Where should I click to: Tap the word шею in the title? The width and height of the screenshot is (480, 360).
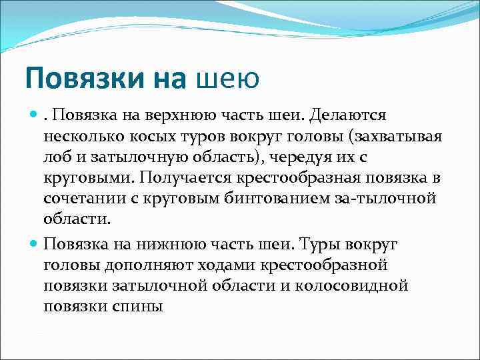(x=227, y=79)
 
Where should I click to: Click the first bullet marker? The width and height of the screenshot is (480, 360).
(x=34, y=116)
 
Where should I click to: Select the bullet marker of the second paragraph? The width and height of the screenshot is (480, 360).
(x=34, y=243)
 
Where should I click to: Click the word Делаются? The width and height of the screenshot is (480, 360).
(x=346, y=116)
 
